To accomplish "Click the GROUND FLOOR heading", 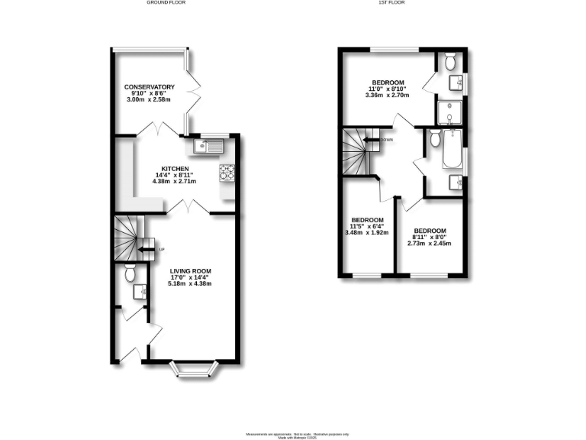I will (x=166, y=3).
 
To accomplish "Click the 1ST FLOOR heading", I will (x=392, y=3).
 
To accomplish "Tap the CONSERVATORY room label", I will (x=150, y=87).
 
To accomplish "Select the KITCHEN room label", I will (x=175, y=169).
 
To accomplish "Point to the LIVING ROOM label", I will (x=190, y=270).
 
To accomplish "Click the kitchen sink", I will (x=207, y=145).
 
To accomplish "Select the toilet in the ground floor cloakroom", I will (x=130, y=273).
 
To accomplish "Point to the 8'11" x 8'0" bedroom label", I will (x=429, y=231).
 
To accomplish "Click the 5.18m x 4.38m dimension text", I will (x=190, y=283).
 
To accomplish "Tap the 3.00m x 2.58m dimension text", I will (x=150, y=100).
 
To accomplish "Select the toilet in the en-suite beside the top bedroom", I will (x=449, y=60).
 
